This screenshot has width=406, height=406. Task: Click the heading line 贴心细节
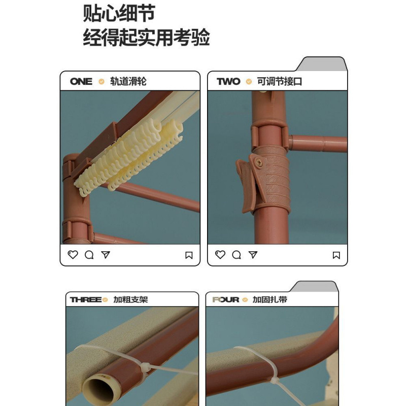119,14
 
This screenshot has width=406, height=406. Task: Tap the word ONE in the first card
81,81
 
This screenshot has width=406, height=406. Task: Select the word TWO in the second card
228,81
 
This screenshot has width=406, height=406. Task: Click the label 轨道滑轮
128,81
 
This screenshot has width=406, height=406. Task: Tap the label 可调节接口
279,81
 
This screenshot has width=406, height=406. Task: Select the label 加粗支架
130,299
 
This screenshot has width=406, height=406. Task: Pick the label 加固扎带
270,299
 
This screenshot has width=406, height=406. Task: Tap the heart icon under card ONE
73,255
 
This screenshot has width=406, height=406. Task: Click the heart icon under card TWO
220,255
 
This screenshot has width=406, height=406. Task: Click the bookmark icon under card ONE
189,255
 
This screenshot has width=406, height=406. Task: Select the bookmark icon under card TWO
336,255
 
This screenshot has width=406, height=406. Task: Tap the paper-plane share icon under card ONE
105,255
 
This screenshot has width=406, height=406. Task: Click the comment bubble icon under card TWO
236,255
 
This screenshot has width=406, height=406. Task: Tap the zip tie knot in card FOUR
276,379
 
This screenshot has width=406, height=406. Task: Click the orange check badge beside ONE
101,81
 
